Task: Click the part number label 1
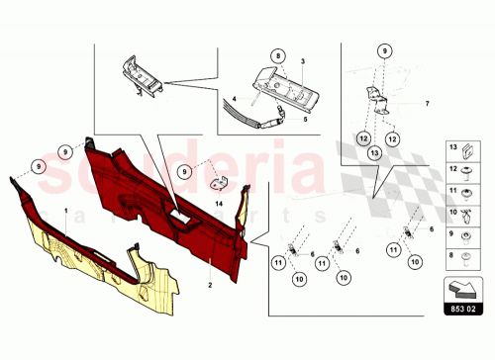[x=66, y=212]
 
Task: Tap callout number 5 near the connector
[x=305, y=119]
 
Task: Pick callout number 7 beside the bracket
[x=427, y=104]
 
